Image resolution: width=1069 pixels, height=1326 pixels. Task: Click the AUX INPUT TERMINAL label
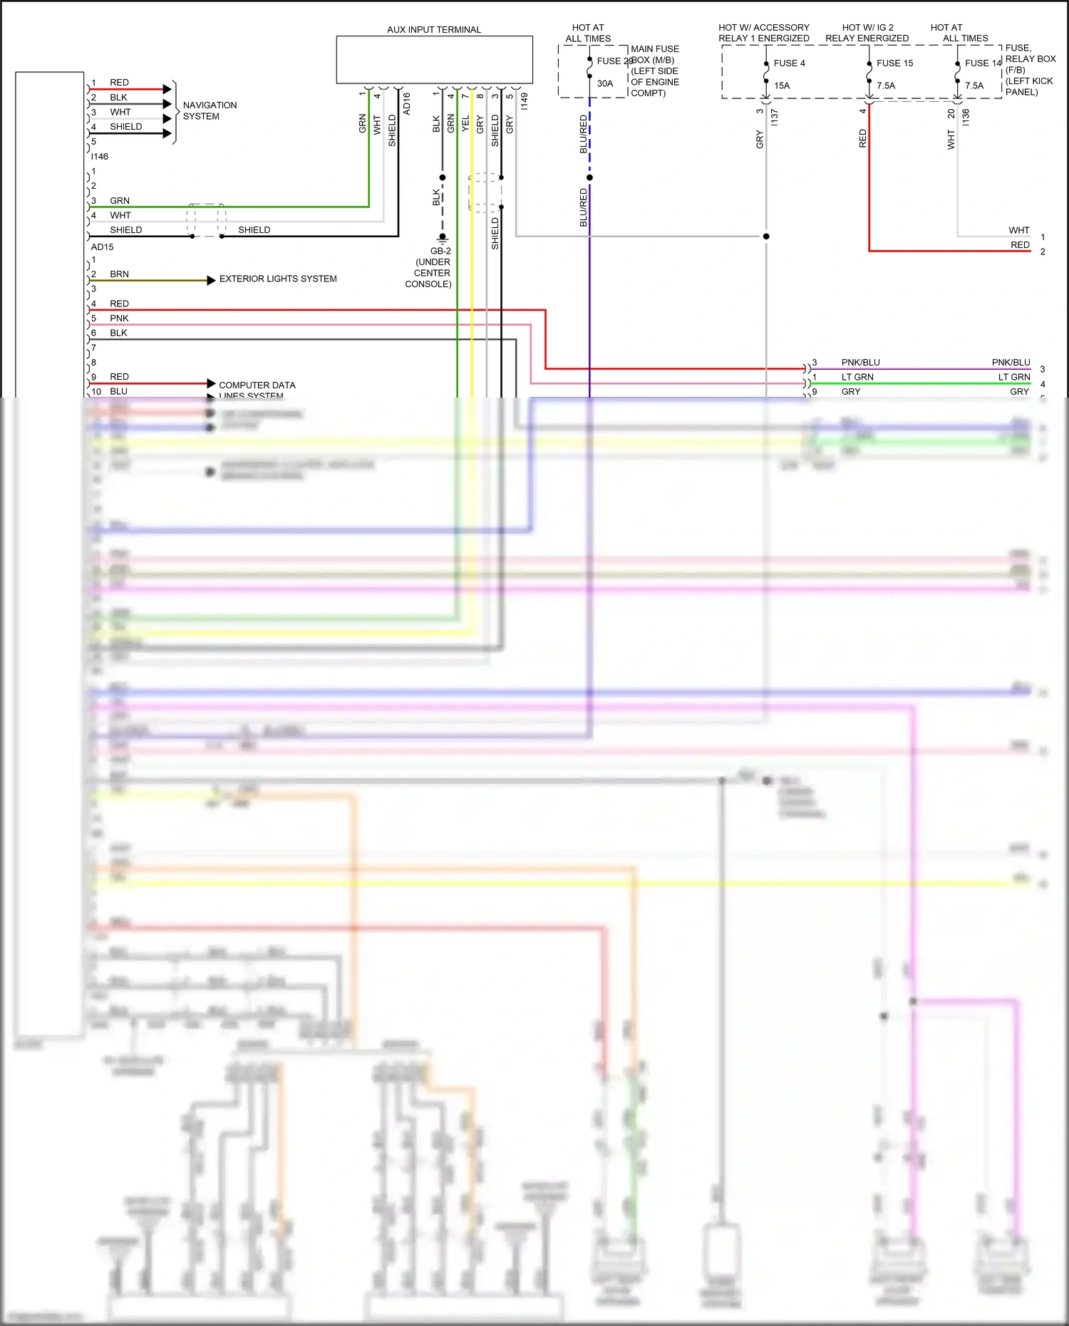pyautogui.click(x=433, y=29)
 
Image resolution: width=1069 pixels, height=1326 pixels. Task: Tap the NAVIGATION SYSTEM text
pyautogui.click(x=210, y=110)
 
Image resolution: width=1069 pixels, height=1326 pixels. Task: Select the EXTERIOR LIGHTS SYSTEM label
pyautogui.click(x=278, y=279)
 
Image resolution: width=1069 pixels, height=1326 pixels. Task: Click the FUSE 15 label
pyautogui.click(x=894, y=63)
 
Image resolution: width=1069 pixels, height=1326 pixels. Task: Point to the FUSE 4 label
pyautogui.click(x=789, y=63)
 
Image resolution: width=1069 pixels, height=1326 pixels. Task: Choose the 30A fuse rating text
pyautogui.click(x=604, y=83)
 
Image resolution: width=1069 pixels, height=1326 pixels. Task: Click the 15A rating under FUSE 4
pyautogui.click(x=782, y=86)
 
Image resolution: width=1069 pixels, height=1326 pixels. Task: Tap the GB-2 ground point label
pyautogui.click(x=440, y=251)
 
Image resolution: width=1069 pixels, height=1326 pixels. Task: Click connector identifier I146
pyautogui.click(x=100, y=157)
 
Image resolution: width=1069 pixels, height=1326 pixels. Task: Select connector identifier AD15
pyautogui.click(x=102, y=247)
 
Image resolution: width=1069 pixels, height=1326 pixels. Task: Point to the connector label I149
pyautogui.click(x=525, y=101)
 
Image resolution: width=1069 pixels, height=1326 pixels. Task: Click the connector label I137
pyautogui.click(x=775, y=118)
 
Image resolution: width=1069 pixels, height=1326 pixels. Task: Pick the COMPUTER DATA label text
pyautogui.click(x=257, y=385)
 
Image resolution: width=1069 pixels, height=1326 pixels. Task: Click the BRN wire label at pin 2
pyautogui.click(x=119, y=274)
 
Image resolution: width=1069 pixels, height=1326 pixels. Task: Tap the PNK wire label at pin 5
pyautogui.click(x=119, y=318)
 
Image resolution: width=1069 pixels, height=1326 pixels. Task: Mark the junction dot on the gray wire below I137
pyautogui.click(x=766, y=236)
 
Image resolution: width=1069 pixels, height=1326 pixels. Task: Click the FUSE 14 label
pyautogui.click(x=983, y=63)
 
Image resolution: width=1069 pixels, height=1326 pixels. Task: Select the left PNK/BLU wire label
pyautogui.click(x=860, y=362)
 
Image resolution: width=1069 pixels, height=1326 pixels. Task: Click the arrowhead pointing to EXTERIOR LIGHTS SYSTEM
pyautogui.click(x=211, y=280)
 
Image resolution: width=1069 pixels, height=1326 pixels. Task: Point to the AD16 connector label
pyautogui.click(x=407, y=103)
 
